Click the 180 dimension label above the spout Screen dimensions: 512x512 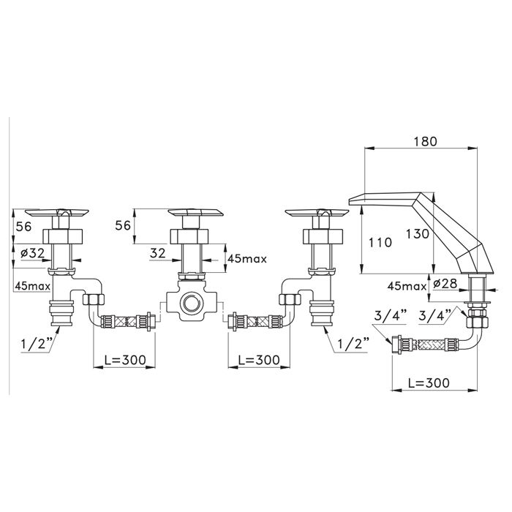tap(425, 141)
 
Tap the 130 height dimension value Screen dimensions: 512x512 tap(418, 234)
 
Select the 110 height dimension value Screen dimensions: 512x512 tap(380, 242)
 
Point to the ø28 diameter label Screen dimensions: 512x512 tap(445, 284)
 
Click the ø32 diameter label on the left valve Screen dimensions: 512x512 tap(32, 253)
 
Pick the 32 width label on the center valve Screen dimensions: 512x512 tap(158, 253)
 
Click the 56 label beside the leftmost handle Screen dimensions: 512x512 tap(24, 226)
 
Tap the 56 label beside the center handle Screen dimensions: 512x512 tap(123, 225)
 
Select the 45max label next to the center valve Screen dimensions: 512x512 tap(247, 259)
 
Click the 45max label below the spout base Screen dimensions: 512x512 tap(407, 287)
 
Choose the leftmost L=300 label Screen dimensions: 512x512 tap(125, 360)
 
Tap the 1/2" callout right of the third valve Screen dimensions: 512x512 tap(353, 344)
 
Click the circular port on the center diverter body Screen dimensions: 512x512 tap(192, 303)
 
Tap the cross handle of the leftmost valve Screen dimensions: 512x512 tap(57, 213)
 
